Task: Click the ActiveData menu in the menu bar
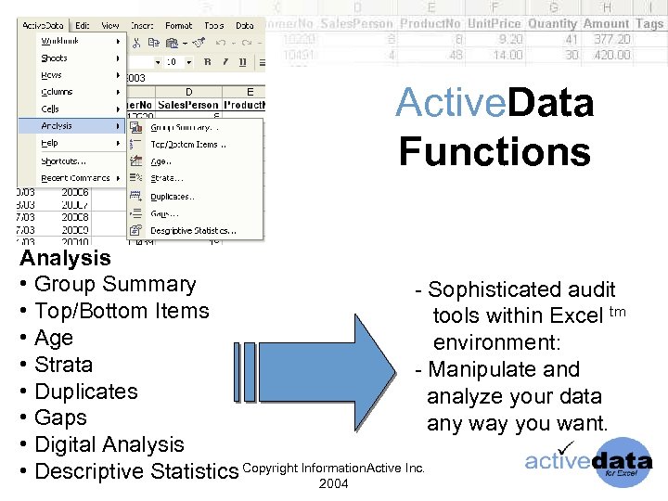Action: click(45, 25)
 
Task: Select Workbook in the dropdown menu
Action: click(58, 41)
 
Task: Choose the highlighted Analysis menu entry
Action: click(58, 126)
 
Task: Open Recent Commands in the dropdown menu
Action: click(75, 178)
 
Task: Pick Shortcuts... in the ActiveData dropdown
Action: click(64, 161)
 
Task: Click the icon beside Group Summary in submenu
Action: click(135, 128)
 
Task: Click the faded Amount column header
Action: click(605, 23)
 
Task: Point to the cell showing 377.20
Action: click(611, 40)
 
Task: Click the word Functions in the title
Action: click(495, 149)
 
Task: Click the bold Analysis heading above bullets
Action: click(65, 258)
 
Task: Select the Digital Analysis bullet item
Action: click(109, 444)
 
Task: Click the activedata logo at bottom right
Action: click(588, 461)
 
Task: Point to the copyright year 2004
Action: click(333, 484)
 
